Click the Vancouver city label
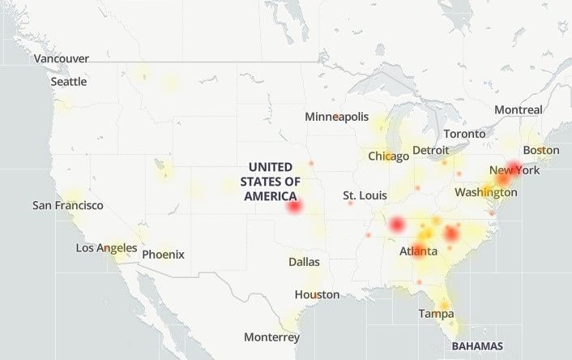[x=62, y=58]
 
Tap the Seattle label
[x=69, y=81]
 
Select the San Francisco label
[x=68, y=205]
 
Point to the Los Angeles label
[x=106, y=247]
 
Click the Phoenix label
[x=163, y=254]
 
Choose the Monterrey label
[x=271, y=336]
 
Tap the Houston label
[x=317, y=294]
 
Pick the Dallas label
[x=304, y=262]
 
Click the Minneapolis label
[x=337, y=117]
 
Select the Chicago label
[x=389, y=156]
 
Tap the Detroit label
[x=430, y=150]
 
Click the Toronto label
[x=464, y=133]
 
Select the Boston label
[x=541, y=150]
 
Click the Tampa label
[x=436, y=313]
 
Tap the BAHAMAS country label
[x=477, y=345]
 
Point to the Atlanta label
[x=419, y=251]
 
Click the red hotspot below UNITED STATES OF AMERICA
[x=294, y=207]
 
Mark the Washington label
[x=485, y=192]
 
